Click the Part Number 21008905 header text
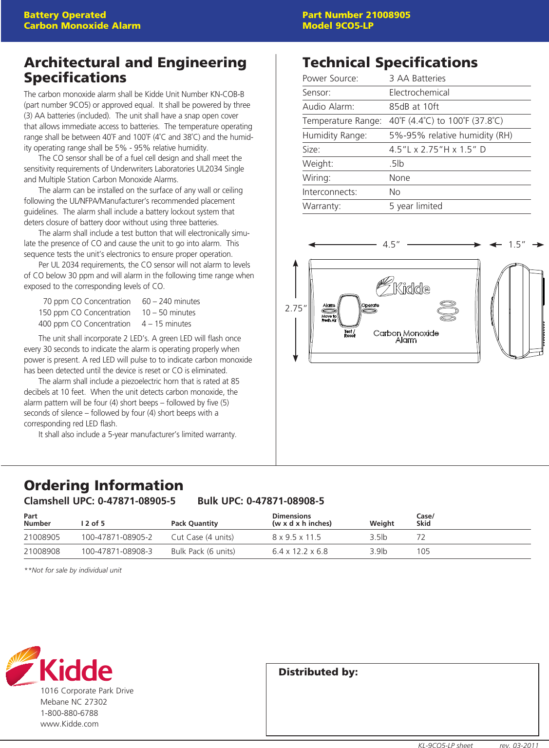356,15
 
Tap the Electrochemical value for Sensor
419,93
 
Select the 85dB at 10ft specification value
414,107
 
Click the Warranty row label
322,206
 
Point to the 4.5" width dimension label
391,245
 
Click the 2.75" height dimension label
296,308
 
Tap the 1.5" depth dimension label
516,245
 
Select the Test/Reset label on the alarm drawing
350,334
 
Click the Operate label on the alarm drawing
370,306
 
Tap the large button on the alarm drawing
349,310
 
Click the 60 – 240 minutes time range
171,302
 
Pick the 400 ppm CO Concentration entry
84,324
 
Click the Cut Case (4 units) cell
202,537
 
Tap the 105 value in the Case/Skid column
423,552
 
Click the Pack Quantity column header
194,523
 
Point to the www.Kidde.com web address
69,724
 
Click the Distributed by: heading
318,672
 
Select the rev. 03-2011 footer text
519,745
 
